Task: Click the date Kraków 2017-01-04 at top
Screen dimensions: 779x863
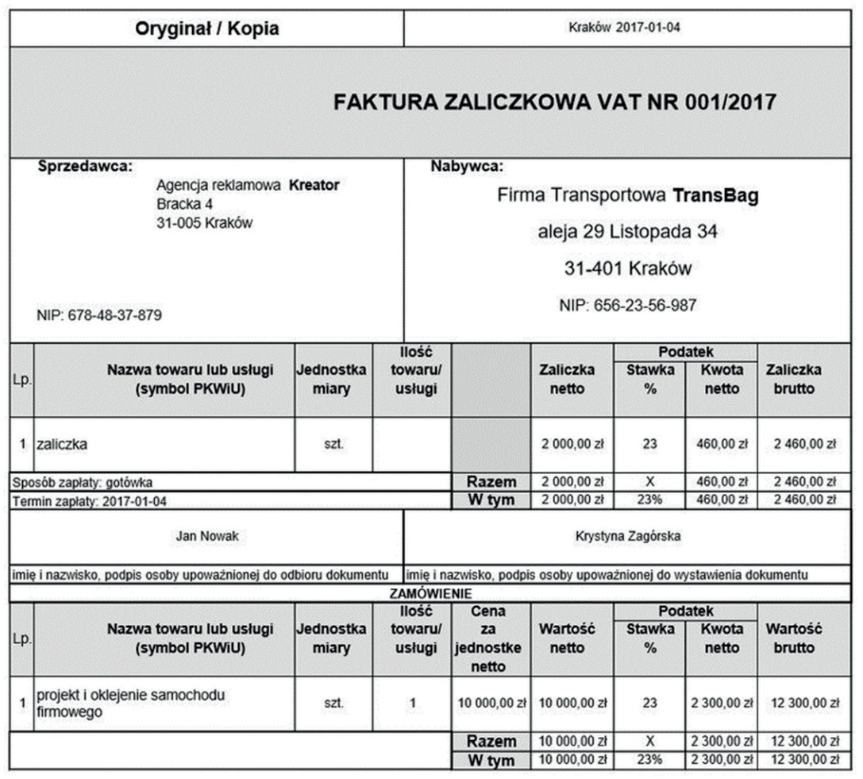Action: point(626,28)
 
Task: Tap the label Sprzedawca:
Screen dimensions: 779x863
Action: point(85,167)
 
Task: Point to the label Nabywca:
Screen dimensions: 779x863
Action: point(467,167)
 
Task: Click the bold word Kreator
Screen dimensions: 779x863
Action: point(314,186)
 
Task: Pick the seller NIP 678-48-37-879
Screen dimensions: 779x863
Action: point(99,315)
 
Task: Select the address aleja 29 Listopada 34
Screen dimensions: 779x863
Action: point(627,233)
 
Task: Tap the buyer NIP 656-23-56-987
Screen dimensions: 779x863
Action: point(627,305)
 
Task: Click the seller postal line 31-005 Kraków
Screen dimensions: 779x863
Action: point(204,223)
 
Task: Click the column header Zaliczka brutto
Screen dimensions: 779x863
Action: point(793,379)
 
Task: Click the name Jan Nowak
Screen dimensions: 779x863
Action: point(206,536)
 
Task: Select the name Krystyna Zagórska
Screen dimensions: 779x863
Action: point(627,536)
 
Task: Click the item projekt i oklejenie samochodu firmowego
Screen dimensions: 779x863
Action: point(123,703)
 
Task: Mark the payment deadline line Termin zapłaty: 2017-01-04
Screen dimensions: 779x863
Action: point(91,501)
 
